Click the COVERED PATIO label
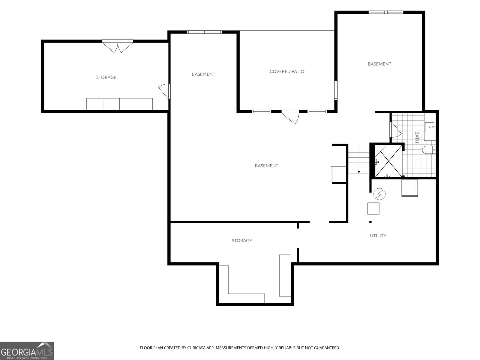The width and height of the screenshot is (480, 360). pos(287,71)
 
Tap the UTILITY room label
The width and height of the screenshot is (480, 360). pos(378,235)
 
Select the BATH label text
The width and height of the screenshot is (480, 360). pos(417,137)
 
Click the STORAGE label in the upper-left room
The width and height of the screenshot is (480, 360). pos(106,77)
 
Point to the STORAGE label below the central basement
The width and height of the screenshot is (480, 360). pos(241,241)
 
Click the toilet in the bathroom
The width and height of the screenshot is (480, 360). pos(429,150)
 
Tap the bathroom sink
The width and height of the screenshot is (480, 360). pos(430,127)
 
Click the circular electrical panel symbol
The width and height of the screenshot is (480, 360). pos(379,194)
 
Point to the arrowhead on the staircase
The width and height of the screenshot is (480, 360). pos(359,172)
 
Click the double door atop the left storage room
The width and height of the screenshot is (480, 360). pos(118,46)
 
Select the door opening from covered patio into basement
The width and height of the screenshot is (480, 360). pos(290,117)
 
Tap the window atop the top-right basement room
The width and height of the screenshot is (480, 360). pos(386,12)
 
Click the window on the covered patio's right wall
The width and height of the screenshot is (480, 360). pos(336,90)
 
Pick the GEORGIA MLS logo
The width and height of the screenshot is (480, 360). pos(27,351)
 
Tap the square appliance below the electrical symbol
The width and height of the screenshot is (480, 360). pos(373,208)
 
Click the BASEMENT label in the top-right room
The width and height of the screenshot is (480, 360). pos(379,64)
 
